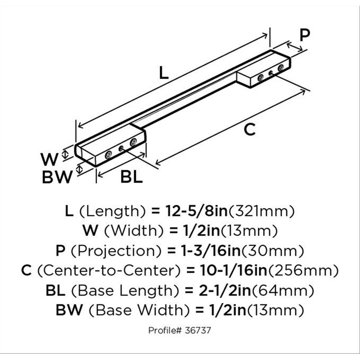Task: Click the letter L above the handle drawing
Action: pos(164,73)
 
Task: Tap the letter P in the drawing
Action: pos(305,35)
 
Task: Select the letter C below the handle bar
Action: pos(249,130)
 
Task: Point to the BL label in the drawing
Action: pos(131,177)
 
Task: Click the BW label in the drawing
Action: pos(57,177)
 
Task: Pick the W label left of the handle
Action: pos(49,159)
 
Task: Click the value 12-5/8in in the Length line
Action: pos(197,211)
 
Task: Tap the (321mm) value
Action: pos(261,211)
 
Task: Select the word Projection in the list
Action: pos(117,251)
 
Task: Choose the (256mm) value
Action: pos(303,271)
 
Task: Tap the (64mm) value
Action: pos(283,291)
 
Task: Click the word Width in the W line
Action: pos(134,231)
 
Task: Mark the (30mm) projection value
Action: pos(272,251)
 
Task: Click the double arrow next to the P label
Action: pos(295,47)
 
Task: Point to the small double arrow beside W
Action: pos(65,154)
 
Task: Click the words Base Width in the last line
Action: pos(139,310)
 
